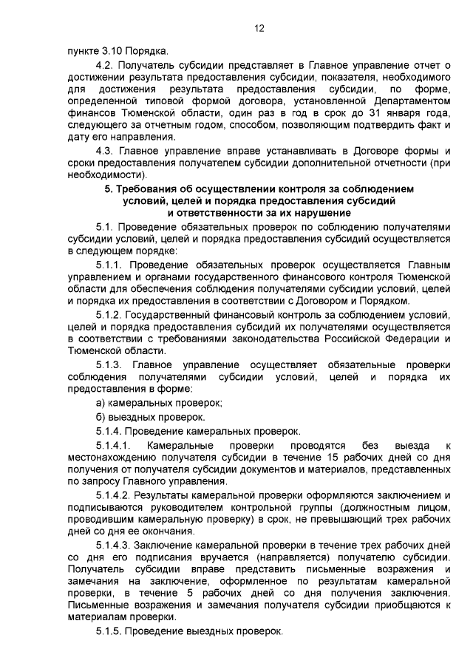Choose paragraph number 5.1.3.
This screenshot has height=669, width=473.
point(113,364)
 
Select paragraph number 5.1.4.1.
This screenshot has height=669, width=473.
point(116,446)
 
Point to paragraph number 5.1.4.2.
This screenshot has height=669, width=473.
point(117,494)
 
